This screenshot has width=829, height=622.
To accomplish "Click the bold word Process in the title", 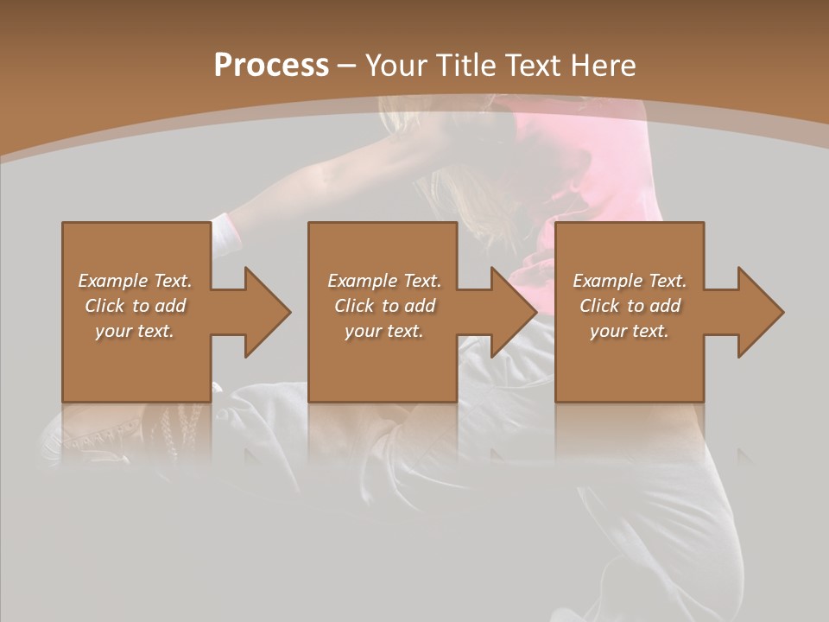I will click(x=271, y=65).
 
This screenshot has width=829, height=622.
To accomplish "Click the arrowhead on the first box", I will click(x=263, y=312).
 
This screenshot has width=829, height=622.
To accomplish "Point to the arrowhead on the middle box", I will click(x=510, y=312).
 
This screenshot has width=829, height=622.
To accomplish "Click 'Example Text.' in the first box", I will click(x=135, y=281).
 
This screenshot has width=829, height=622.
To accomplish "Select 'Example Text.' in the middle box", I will click(x=383, y=281).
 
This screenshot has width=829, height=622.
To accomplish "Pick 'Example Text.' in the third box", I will click(x=630, y=281).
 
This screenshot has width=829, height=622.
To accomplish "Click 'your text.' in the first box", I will click(x=135, y=331).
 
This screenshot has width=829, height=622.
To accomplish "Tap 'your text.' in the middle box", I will click(x=383, y=331).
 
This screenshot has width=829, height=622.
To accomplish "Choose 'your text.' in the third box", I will click(x=630, y=331).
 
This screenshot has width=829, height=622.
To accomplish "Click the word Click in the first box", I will click(x=105, y=306).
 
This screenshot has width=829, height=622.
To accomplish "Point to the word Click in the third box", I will click(x=600, y=306).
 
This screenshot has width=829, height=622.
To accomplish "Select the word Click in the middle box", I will click(x=354, y=306).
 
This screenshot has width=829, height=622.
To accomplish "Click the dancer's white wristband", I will click(x=226, y=233).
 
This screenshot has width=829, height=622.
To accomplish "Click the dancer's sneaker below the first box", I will click(x=95, y=432).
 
